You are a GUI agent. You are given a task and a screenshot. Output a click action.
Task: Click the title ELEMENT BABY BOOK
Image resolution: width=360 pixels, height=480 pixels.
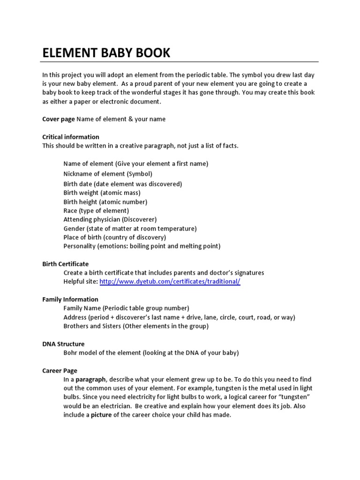tap(106, 53)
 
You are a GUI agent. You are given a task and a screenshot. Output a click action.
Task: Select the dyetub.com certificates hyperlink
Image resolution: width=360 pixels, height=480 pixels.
tap(170, 282)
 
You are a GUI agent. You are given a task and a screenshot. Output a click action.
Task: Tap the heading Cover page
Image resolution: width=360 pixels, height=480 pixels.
tap(59, 119)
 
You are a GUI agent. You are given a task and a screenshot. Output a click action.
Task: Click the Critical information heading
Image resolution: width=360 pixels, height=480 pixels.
tap(71, 137)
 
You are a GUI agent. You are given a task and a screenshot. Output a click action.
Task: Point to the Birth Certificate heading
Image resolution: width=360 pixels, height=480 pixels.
tap(66, 264)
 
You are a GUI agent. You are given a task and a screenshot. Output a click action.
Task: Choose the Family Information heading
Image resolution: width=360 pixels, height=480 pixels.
tap(70, 299)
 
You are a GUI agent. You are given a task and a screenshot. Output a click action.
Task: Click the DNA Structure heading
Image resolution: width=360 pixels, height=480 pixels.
tap(63, 344)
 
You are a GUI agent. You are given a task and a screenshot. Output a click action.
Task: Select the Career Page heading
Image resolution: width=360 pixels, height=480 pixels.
tap(60, 370)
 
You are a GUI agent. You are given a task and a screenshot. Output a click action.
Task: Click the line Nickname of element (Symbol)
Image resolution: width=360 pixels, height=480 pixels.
tap(108, 174)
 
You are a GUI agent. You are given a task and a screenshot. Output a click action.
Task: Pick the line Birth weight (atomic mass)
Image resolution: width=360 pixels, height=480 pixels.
tap(102, 193)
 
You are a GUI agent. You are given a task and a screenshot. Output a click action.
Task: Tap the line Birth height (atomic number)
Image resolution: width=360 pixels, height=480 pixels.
tap(105, 202)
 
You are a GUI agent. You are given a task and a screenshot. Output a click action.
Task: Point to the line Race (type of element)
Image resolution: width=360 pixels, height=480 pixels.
tap(96, 210)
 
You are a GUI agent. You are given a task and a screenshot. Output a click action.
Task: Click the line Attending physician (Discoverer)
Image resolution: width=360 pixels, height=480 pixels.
tap(110, 219)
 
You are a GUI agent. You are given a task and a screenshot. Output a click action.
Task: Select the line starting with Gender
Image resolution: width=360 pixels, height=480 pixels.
tap(130, 228)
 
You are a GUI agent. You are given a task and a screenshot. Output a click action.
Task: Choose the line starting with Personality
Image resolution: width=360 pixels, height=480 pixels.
tap(142, 246)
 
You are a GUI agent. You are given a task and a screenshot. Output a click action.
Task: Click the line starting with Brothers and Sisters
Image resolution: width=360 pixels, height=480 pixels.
tap(136, 326)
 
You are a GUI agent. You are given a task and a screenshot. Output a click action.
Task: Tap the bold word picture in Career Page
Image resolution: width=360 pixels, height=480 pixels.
tap(101, 415)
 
